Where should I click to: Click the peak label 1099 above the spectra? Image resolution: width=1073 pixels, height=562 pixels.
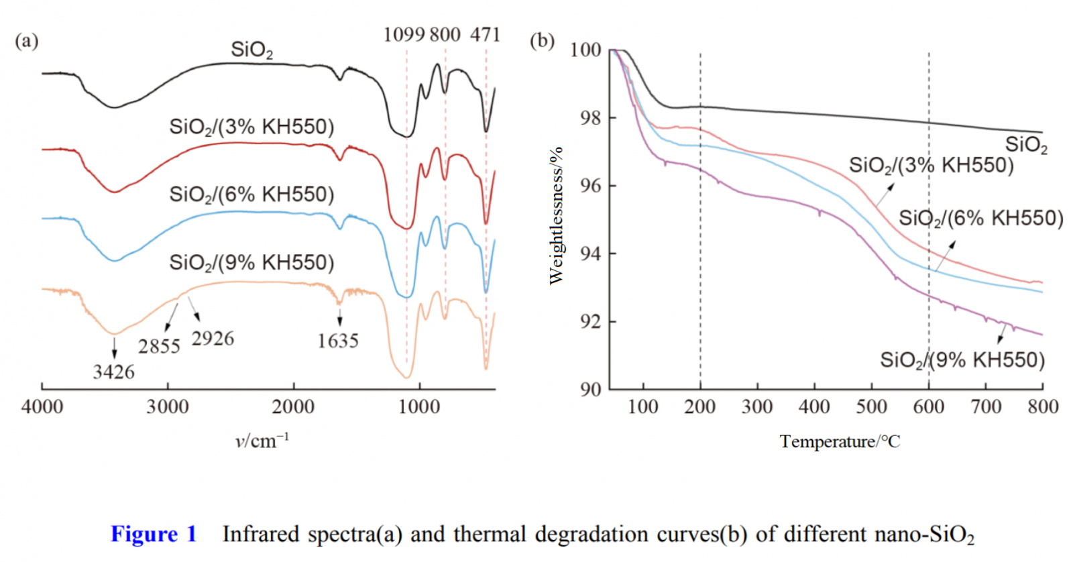[x=404, y=35]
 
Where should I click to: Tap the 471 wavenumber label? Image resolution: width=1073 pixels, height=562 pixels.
[x=485, y=35]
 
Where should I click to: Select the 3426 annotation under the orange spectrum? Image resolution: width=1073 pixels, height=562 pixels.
[x=113, y=372]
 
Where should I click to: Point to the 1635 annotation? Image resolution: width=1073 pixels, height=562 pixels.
[x=338, y=341]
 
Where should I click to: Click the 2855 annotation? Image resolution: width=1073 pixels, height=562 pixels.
[x=160, y=346]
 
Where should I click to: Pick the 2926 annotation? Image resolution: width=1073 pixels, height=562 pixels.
[x=213, y=339]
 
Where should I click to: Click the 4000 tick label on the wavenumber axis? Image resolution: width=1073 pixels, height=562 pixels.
[x=42, y=406]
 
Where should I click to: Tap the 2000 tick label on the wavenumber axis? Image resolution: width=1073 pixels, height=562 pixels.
[x=293, y=406]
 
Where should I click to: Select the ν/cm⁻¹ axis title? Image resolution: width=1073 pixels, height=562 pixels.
[x=262, y=441]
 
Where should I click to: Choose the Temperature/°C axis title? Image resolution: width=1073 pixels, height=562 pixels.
[x=840, y=441]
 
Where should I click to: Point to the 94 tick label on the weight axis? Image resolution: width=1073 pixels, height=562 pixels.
[x=590, y=254]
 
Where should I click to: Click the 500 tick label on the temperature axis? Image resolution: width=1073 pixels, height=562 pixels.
[x=872, y=406]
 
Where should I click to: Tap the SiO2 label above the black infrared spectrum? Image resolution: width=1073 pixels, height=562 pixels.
[x=251, y=50]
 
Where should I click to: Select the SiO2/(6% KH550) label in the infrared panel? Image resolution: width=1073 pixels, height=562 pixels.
[x=251, y=194]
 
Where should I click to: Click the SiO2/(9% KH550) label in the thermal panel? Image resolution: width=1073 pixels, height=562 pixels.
[x=962, y=360]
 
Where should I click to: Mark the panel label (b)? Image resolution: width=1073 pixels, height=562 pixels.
[x=542, y=41]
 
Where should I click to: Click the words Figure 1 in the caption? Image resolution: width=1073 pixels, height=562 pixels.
[x=154, y=534]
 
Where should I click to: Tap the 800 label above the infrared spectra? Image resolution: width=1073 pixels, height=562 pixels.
[x=445, y=35]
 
